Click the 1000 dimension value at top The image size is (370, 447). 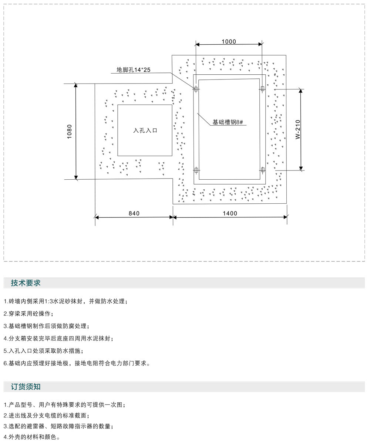pyautogui.click(x=229, y=41)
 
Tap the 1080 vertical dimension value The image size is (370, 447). pyautogui.click(x=70, y=132)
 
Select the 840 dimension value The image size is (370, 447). pyautogui.click(x=134, y=213)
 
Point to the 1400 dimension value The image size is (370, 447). pyautogui.click(x=230, y=213)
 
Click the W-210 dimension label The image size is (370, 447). pyautogui.click(x=298, y=129)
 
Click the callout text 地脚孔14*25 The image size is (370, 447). pyautogui.click(x=134, y=70)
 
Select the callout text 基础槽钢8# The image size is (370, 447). pyautogui.click(x=228, y=122)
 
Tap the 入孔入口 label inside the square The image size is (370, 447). pyautogui.click(x=145, y=131)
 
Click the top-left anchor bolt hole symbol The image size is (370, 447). pyautogui.click(x=196, y=89)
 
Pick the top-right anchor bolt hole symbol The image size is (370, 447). pyautogui.click(x=262, y=88)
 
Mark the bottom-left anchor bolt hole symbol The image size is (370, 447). pyautogui.click(x=196, y=170)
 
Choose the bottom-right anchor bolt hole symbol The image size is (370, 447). pyautogui.click(x=263, y=170)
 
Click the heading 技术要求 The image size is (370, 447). pyautogui.click(x=26, y=283)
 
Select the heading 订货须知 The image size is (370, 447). pyautogui.click(x=26, y=387)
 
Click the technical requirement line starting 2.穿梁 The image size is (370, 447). pyautogui.click(x=28, y=314)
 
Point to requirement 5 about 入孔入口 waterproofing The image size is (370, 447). pyautogui.click(x=44, y=351)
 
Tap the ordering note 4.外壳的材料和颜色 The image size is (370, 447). pyautogui.click(x=32, y=437)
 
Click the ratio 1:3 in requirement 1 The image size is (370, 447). pyautogui.click(x=47, y=301)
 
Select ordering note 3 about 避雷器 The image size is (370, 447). pyautogui.click(x=58, y=426)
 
